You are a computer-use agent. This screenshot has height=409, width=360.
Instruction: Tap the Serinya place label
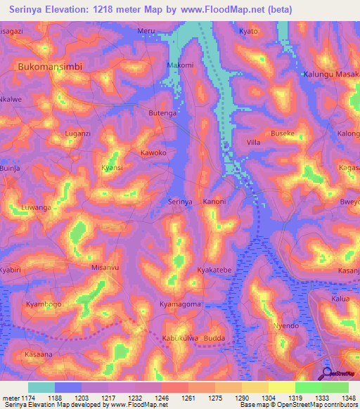click(x=180, y=202)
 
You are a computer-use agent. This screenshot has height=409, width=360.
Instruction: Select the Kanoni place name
click(x=214, y=202)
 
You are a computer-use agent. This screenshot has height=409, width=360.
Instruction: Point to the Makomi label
click(x=180, y=65)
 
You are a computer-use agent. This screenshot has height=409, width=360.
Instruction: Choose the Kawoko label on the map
click(x=153, y=152)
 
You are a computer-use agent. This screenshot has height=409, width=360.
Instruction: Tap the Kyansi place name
click(x=112, y=168)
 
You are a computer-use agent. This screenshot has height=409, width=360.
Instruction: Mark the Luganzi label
click(x=77, y=133)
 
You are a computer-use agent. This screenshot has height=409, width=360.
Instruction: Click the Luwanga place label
click(x=37, y=208)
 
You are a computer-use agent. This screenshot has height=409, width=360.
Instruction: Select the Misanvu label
click(x=105, y=268)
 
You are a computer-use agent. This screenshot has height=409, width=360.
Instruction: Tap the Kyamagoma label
click(x=180, y=304)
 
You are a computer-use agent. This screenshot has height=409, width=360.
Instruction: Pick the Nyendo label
click(x=286, y=326)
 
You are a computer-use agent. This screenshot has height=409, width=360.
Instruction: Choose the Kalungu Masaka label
click(x=330, y=74)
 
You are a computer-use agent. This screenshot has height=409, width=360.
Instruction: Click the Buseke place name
click(x=283, y=133)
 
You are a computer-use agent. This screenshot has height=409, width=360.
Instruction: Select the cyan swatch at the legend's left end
click(x=41, y=387)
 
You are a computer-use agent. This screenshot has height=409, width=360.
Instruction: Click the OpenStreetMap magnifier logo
click(x=328, y=373)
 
